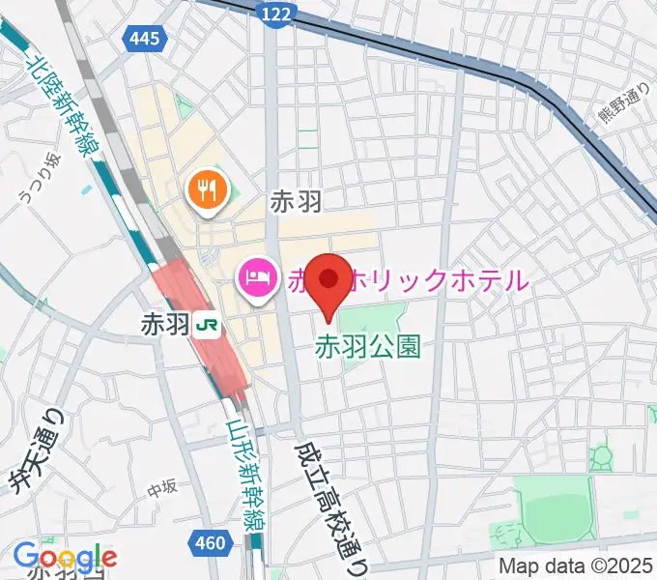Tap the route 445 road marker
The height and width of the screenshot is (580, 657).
click(148, 39)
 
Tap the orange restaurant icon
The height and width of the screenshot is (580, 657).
click(206, 189)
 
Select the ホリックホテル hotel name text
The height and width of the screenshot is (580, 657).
click(435, 280)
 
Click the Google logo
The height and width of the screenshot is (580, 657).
click(65, 557)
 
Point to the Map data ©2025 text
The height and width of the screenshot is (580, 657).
click(577, 565)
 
